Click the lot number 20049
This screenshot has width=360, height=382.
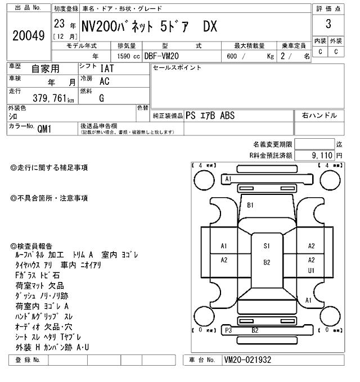click(28, 35)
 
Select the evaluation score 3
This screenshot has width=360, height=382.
click(328, 24)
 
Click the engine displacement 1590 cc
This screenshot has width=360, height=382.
click(128, 56)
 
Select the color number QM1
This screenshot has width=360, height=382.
click(44, 128)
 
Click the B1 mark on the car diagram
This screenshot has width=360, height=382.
click(250, 205)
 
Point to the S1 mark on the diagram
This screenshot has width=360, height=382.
click(267, 245)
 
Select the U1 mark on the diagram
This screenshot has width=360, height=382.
click(311, 270)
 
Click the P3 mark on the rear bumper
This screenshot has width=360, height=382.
click(228, 330)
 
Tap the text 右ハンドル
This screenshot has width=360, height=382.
click(319, 115)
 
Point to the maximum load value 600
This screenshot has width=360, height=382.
click(231, 56)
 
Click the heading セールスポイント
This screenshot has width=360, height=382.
click(177, 67)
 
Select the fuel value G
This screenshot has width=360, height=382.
click(102, 98)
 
